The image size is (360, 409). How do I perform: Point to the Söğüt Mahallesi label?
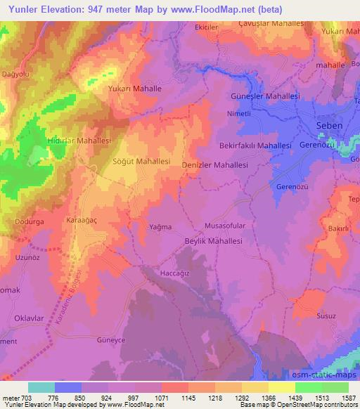(x=142, y=161)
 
